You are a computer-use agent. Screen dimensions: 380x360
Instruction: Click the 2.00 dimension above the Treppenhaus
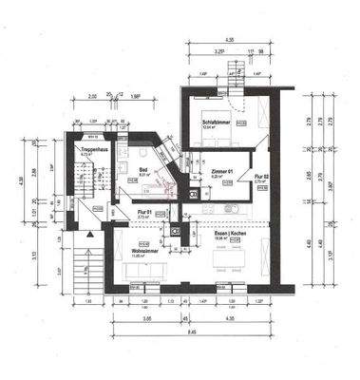click(93, 96)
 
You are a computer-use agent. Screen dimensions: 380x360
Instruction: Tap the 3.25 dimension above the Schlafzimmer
click(219, 53)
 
